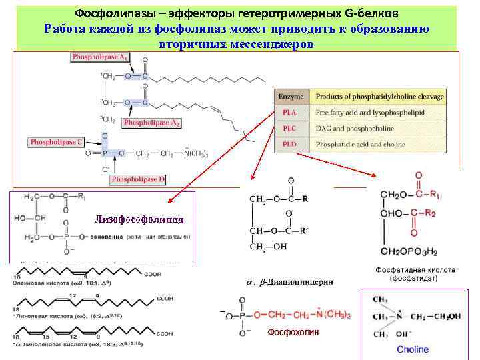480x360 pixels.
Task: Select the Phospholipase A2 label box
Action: pos(151,123)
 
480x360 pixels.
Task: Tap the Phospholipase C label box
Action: pos(56,141)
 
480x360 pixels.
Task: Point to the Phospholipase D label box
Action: pos(138,179)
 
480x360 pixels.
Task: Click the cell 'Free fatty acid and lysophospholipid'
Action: pos(369,113)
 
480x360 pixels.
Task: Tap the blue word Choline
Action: pos(413,349)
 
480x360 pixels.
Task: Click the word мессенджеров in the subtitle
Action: pos(270,44)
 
